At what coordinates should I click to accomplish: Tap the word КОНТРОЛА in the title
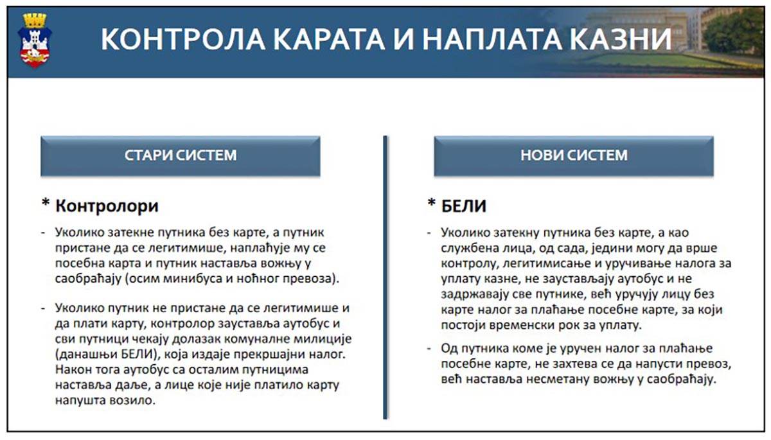(166, 40)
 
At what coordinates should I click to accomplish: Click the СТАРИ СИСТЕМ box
(180, 155)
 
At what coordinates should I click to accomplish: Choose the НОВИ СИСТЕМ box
(573, 155)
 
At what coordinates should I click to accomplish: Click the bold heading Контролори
(107, 206)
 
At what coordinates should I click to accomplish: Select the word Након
(74, 370)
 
